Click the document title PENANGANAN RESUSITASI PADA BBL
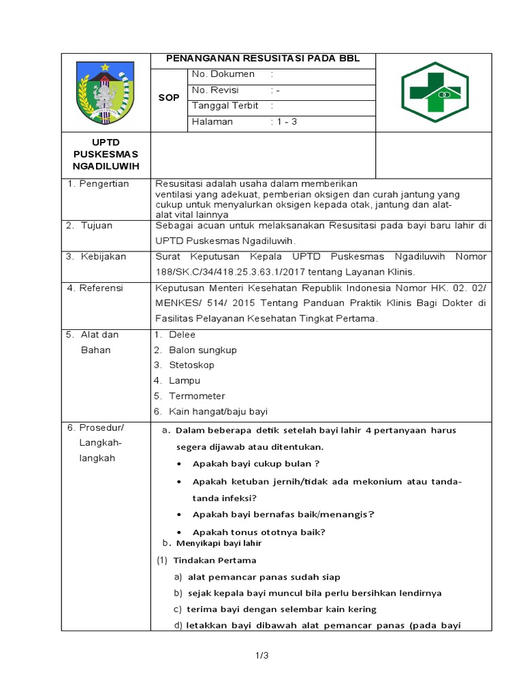[263, 59]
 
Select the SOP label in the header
[169, 97]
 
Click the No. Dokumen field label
[223, 74]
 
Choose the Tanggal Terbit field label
[225, 106]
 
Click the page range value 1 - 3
[285, 122]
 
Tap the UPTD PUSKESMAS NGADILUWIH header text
[105, 155]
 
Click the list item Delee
[182, 335]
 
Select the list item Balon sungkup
[202, 350]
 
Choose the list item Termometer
[197, 396]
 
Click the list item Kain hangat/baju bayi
[218, 412]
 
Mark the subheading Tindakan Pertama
[215, 560]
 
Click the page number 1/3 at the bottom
[263, 656]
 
